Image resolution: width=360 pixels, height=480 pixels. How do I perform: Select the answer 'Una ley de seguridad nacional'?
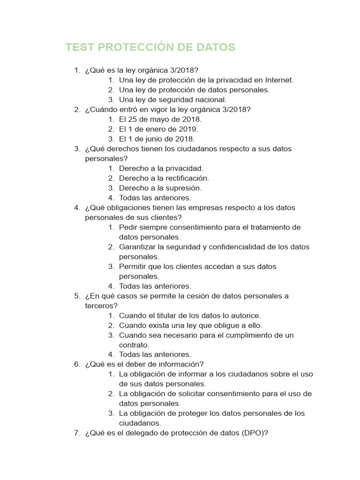click(172, 100)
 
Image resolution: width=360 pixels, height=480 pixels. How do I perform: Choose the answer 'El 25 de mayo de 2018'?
click(160, 120)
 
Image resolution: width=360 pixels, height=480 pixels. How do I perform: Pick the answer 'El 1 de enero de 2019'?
click(158, 129)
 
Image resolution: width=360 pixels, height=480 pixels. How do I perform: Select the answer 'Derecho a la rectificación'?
click(164, 178)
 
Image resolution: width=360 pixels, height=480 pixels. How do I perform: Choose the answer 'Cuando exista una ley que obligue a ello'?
click(190, 325)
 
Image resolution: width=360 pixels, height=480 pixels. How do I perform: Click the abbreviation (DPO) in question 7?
click(255, 433)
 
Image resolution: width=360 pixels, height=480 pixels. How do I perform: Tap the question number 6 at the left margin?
click(76, 365)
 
